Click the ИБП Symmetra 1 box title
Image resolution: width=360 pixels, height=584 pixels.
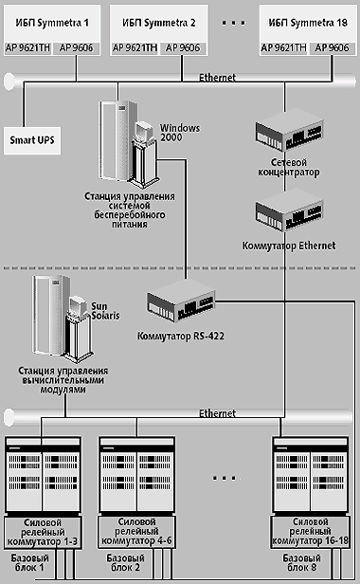[x=52, y=23]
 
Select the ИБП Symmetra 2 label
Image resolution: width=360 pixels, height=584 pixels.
[x=158, y=23]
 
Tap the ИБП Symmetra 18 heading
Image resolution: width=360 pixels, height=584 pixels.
[x=308, y=23]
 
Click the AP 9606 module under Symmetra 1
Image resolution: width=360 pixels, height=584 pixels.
[x=77, y=48]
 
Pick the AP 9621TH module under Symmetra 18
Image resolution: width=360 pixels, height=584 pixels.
[x=283, y=48]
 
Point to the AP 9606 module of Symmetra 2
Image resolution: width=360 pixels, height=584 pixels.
[x=183, y=48]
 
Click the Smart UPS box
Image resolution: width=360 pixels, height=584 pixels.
[x=32, y=140]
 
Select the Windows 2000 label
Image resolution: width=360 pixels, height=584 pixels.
[x=180, y=133]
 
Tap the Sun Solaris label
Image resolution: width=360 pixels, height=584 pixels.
[x=105, y=311]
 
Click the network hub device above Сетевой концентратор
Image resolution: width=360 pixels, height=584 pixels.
[x=289, y=130]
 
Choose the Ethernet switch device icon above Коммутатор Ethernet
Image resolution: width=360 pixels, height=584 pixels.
[x=289, y=210]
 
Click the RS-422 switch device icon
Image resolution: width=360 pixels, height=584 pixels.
[x=181, y=301]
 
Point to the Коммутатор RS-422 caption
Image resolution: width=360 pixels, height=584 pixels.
[x=181, y=336]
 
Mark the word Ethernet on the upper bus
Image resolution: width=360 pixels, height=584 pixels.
[x=217, y=78]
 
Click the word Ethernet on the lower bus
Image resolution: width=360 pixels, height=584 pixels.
[x=217, y=413]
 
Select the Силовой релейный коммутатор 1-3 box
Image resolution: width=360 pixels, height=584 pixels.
[x=43, y=533]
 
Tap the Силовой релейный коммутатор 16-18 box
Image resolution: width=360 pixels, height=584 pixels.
[x=310, y=532]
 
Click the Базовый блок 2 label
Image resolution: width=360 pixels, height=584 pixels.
[x=125, y=563]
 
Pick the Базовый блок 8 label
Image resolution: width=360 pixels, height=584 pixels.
[x=301, y=563]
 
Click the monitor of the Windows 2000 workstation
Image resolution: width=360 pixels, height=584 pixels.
[x=144, y=131]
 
